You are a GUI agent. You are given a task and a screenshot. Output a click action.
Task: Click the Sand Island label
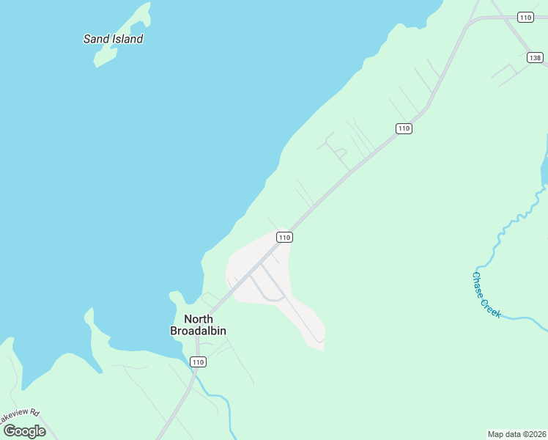pos(113,39)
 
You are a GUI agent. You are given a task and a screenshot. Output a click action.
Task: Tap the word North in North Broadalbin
pos(198,319)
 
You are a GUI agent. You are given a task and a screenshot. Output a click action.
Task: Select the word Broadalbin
pos(198,331)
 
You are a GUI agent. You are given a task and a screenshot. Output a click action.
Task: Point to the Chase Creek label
pos(486,295)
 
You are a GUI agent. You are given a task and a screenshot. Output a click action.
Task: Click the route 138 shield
pos(535,57)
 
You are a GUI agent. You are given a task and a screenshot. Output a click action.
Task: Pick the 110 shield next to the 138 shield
pos(525,17)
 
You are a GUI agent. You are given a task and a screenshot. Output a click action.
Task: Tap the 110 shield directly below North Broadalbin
pos(198,362)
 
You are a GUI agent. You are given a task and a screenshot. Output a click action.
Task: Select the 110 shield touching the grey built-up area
pos(285,237)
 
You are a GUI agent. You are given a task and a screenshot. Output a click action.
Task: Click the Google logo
pos(24,431)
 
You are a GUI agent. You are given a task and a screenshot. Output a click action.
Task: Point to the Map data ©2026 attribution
pos(517,434)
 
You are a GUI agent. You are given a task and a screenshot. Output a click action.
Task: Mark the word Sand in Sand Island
pos(96,39)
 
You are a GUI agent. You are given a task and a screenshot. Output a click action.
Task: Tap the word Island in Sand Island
pos(127,39)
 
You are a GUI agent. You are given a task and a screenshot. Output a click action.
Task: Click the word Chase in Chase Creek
pos(478,283)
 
